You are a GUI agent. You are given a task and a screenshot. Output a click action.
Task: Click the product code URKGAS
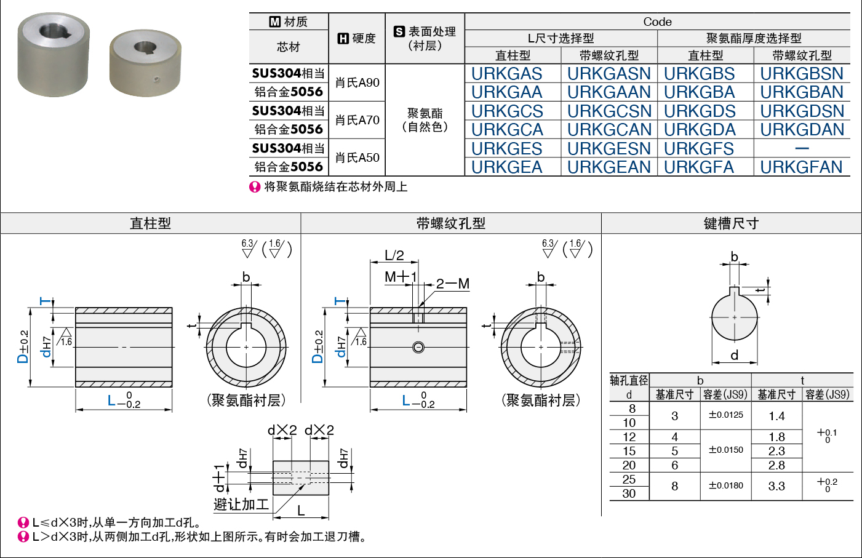506,73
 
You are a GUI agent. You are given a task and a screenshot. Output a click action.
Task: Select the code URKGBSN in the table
802,73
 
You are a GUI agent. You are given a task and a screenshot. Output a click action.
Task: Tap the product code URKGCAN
609,130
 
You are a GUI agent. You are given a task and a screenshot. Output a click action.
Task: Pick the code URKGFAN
801,167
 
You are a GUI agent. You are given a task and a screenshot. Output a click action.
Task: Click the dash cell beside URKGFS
802,148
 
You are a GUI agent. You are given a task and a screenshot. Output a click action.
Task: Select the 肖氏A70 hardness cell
357,120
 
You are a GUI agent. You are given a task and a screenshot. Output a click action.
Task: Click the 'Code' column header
657,22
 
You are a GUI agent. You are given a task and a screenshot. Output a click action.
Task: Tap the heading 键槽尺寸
731,223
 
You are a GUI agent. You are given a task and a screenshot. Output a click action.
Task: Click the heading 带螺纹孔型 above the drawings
450,223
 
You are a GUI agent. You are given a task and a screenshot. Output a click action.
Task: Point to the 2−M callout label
453,284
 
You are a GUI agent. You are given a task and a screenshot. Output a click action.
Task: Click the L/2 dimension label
394,255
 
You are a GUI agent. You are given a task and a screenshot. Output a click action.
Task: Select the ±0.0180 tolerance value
726,485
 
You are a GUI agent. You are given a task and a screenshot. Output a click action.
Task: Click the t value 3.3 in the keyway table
776,486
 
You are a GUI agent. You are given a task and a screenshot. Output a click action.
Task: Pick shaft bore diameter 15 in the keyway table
629,451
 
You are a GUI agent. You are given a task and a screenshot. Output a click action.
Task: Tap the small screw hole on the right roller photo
156,79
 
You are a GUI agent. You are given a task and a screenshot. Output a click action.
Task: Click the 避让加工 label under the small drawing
241,504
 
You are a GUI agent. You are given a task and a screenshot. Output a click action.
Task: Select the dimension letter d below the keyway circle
734,355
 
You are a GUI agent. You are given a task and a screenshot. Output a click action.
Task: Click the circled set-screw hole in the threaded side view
418,348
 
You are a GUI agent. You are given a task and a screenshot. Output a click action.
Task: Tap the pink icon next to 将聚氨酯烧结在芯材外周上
255,187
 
